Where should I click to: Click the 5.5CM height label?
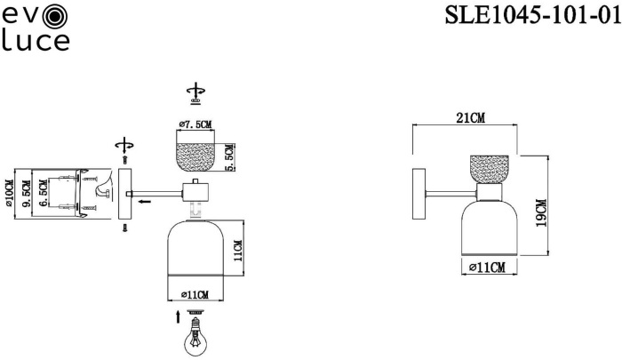[229, 156]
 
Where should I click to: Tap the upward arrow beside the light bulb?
[178, 316]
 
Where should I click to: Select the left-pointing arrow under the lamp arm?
[145, 203]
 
